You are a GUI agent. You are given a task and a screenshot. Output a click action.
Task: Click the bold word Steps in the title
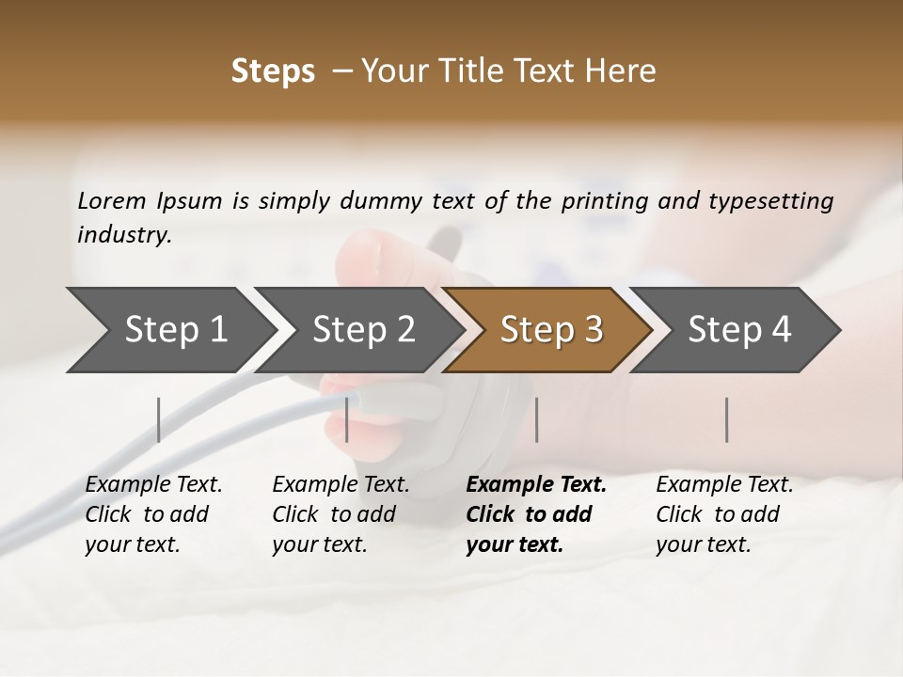[273, 71]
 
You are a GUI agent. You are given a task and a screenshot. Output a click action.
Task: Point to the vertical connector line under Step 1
[159, 419]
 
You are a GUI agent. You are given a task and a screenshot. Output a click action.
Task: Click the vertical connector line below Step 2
[347, 419]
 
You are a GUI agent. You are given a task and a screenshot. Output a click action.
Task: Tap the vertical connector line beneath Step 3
[536, 419]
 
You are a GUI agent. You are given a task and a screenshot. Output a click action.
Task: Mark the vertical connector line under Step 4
[726, 419]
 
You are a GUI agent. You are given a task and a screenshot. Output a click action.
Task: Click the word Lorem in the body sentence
[112, 201]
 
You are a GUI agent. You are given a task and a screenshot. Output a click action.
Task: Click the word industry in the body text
[124, 234]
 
